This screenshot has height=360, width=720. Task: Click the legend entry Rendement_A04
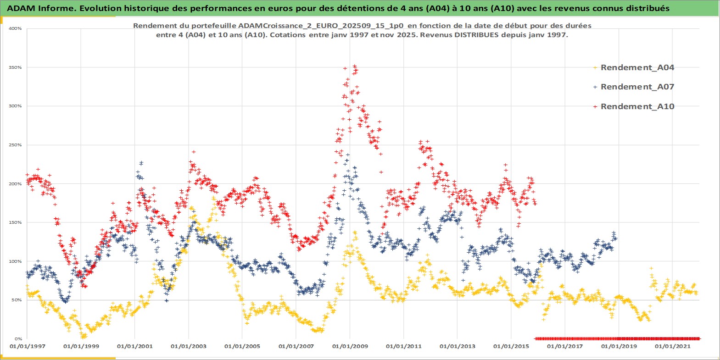(x=637, y=67)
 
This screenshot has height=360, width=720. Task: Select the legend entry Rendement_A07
(x=637, y=87)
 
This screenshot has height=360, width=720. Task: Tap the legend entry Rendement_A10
(x=637, y=106)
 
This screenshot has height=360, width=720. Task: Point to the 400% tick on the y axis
(x=15, y=28)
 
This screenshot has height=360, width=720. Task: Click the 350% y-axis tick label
(x=15, y=67)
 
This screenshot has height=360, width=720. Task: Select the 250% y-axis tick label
(x=15, y=145)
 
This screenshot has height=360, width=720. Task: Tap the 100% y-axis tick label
(x=15, y=261)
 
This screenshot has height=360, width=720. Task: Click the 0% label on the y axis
(x=18, y=339)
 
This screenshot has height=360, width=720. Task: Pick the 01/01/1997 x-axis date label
(x=27, y=346)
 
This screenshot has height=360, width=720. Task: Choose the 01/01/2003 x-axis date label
(x=189, y=346)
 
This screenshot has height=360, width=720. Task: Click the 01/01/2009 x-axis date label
(x=350, y=346)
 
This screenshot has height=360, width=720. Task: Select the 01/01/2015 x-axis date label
(x=511, y=346)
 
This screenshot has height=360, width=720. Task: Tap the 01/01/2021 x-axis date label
(x=672, y=346)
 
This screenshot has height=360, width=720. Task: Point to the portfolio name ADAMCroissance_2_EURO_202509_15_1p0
(x=321, y=26)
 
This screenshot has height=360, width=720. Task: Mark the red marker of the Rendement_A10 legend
(x=595, y=106)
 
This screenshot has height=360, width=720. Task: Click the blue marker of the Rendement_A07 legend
(x=595, y=87)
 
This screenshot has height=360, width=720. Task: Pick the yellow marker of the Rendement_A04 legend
(x=595, y=67)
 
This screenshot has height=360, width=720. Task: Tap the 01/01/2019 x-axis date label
(x=619, y=346)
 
